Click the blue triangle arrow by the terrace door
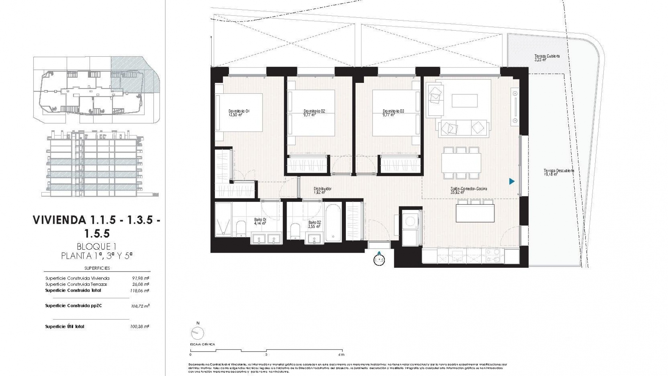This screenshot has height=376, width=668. click(x=511, y=181)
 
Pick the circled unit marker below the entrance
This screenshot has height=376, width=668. click(x=379, y=260)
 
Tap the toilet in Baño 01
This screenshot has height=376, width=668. click(x=241, y=228)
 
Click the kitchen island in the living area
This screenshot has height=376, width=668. click(x=475, y=213)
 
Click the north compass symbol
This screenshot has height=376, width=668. click(x=198, y=333)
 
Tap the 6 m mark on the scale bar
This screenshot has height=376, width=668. click(x=342, y=354)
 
